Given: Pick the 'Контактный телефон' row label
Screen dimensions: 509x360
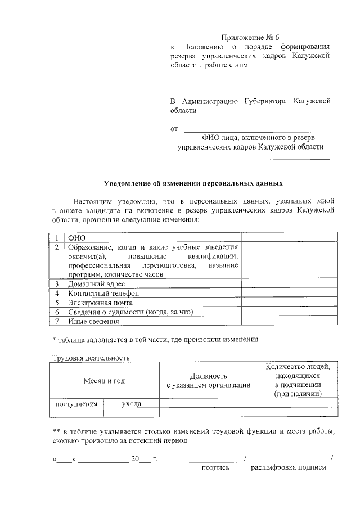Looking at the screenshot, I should (x=103, y=293).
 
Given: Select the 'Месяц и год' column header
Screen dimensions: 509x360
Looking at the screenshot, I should (x=104, y=381).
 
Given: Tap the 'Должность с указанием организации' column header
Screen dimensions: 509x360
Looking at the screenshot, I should (x=208, y=380).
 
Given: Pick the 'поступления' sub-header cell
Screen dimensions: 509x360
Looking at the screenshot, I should (x=76, y=404).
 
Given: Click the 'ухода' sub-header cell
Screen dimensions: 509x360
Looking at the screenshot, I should (x=132, y=404).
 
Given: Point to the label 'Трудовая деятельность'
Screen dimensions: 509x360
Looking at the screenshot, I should (x=91, y=358).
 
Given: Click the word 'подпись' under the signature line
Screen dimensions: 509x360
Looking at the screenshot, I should (x=215, y=467).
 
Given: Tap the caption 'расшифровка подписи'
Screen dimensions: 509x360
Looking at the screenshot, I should (x=289, y=467).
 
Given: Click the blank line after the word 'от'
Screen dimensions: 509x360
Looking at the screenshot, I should (x=256, y=129).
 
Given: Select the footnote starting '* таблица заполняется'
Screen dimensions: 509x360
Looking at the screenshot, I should (x=155, y=339).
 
